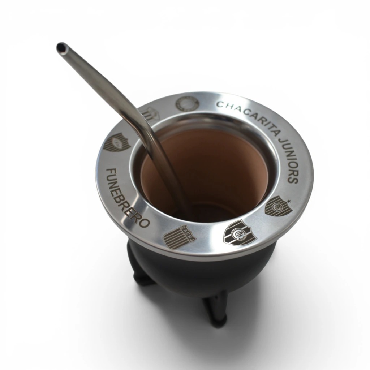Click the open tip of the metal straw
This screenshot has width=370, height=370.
pos(61,48)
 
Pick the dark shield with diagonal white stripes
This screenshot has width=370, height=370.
pos(240,233)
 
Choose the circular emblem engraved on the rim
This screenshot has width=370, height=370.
pos(188,104)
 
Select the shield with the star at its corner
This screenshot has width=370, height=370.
pos(278,206)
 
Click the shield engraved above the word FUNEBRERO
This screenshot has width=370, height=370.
pos(117,142)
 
